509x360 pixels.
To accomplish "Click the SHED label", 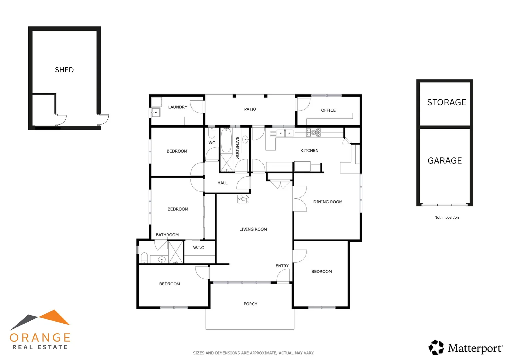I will tap(64, 70).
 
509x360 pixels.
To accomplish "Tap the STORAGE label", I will tap(446, 102).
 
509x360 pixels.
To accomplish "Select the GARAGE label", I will tap(445, 161).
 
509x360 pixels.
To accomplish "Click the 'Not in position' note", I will tap(446, 217).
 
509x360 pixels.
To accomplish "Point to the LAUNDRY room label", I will tap(177, 107).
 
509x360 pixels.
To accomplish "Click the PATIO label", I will tap(250, 109).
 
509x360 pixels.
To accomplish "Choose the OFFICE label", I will tap(328, 110).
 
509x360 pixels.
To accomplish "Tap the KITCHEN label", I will tap(309, 151).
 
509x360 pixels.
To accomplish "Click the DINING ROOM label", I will tap(328, 202).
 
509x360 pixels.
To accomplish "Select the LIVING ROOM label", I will tap(253, 229).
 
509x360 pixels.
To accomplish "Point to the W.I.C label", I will tap(198, 248).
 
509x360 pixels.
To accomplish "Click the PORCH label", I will tap(250, 304).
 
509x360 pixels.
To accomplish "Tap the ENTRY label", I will tap(282, 266).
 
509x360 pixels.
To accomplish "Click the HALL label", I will tap(222, 183).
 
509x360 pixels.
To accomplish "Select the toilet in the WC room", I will tap(211, 133).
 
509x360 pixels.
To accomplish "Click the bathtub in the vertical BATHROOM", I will tap(226, 140).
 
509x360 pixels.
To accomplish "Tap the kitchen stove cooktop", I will tap(313, 132).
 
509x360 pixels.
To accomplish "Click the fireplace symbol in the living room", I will tap(243, 199).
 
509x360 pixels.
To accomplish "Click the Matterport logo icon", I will tap(436, 348).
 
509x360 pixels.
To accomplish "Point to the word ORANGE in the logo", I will tap(40, 338).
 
